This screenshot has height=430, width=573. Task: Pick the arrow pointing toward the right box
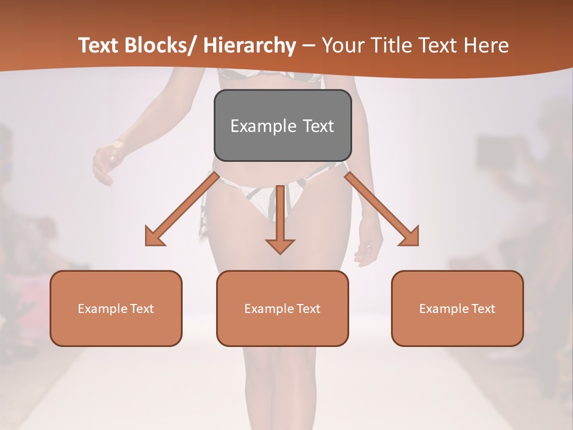(x=382, y=209)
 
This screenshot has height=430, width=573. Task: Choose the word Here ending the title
(x=487, y=45)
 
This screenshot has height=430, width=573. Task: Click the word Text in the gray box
(x=318, y=126)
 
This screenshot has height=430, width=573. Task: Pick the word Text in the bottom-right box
(x=483, y=309)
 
